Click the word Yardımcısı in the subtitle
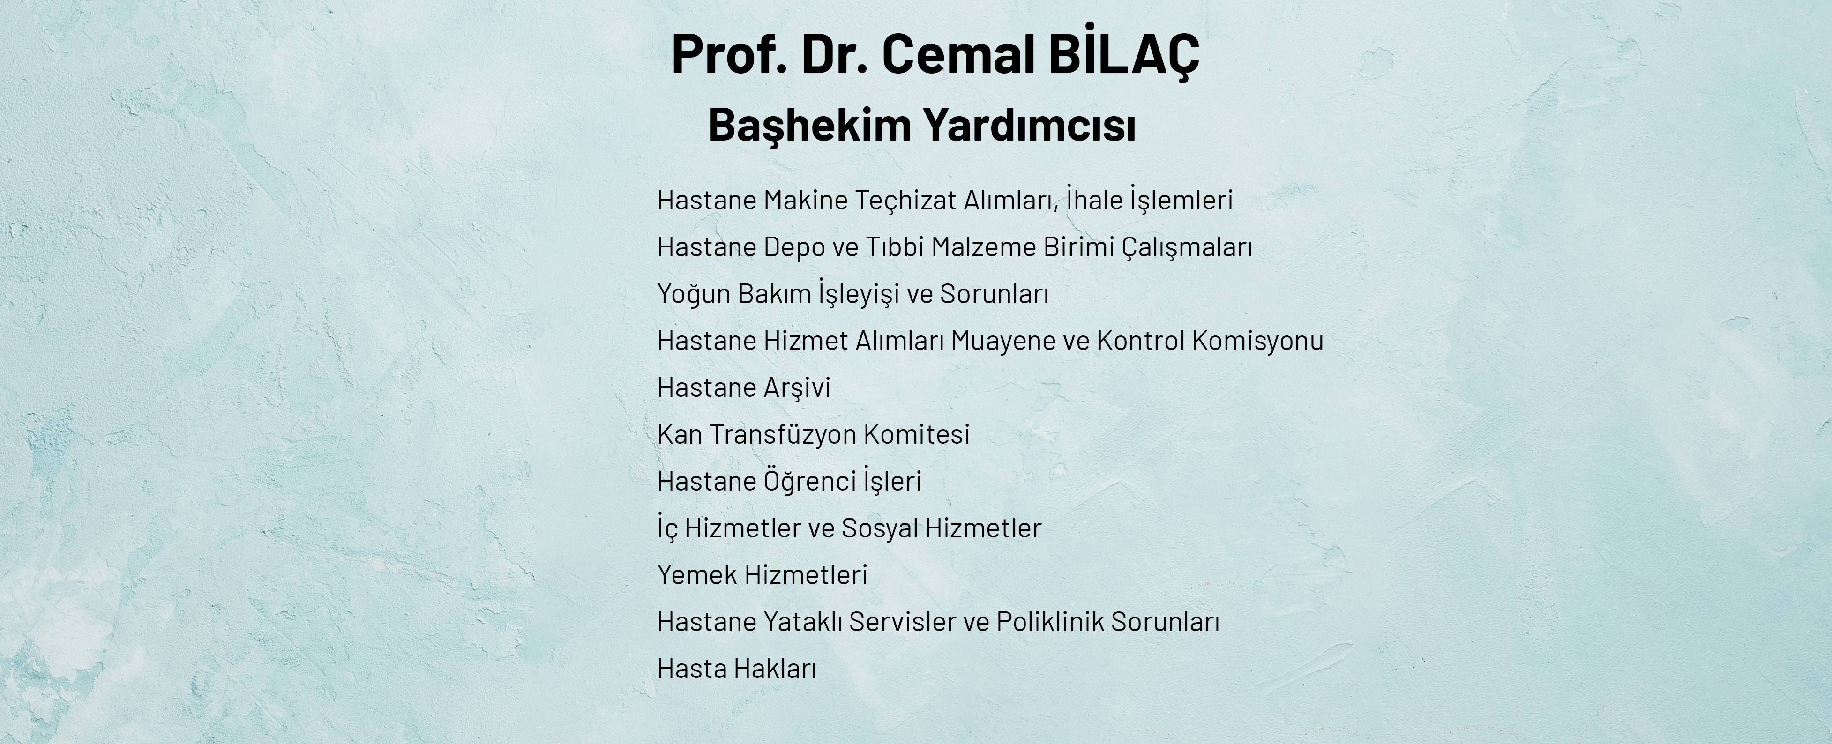[1029, 125]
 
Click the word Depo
[794, 247]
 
